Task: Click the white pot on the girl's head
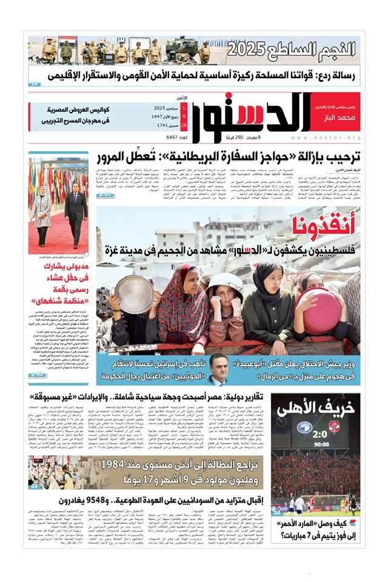click(x=225, y=280)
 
